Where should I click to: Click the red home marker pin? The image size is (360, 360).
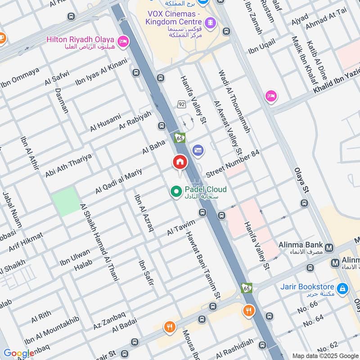(x=180, y=162)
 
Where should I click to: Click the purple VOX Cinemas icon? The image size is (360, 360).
(x=210, y=22)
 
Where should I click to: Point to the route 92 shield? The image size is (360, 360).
(x=181, y=104)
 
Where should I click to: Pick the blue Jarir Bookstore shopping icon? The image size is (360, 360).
(x=342, y=287)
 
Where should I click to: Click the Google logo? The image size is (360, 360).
(x=18, y=353)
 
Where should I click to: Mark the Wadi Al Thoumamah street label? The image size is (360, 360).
(x=234, y=101)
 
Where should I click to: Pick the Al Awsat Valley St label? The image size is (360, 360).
(x=229, y=129)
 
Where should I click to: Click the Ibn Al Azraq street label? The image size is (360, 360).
(x=144, y=213)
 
